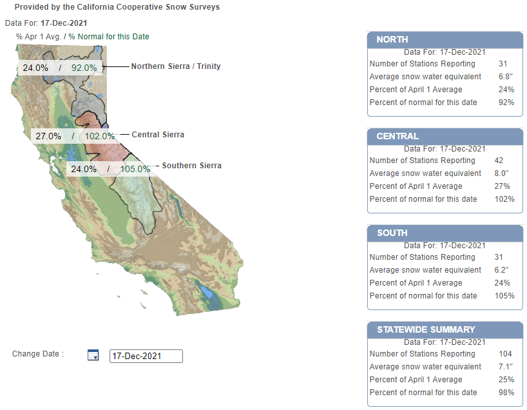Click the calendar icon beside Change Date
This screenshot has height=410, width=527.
pos(93,355)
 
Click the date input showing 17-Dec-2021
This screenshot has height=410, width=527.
pos(146,356)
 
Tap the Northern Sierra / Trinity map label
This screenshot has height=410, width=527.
pos(176,66)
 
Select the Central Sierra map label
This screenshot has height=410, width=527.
pos(158,135)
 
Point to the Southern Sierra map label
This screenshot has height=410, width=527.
pos(191,166)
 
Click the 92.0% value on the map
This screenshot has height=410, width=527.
pos(84,67)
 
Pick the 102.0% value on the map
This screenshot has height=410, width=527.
pos(99,136)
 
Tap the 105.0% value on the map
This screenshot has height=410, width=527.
pos(135,169)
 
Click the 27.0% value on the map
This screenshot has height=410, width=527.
pos(48,136)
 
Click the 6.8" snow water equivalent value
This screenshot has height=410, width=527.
pos(505,77)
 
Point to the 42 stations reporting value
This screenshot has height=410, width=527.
pos(503,161)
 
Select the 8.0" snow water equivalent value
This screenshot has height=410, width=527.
pos(505,173)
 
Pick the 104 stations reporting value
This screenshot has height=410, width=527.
pos(505,354)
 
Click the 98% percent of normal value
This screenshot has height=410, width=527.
pos(506,393)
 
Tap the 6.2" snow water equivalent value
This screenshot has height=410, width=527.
pos(505,270)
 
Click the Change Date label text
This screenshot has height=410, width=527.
pos(38,354)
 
